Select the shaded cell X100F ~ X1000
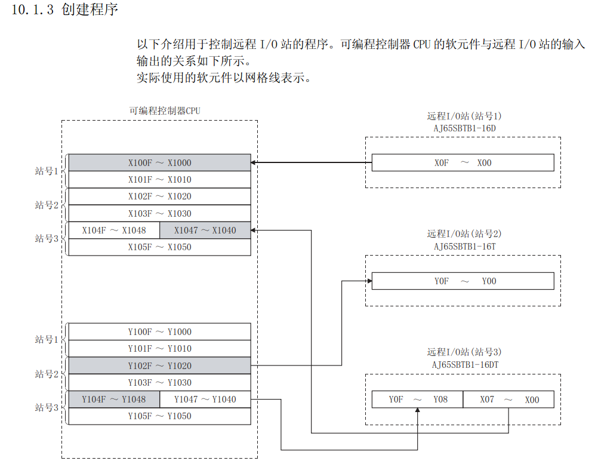click(159, 162)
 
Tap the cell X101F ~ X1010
click(159, 179)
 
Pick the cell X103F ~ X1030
click(159, 213)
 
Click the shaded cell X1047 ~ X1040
click(205, 230)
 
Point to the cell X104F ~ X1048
click(113, 230)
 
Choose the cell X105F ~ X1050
click(159, 247)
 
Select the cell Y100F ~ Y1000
click(159, 331)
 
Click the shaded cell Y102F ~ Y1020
click(159, 365)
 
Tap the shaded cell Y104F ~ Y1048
click(113, 399)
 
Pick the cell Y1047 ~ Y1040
click(205, 399)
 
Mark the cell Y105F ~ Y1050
click(159, 416)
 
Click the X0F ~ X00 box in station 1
click(463, 162)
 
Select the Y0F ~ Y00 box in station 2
click(463, 281)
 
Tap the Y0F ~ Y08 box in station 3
click(417, 400)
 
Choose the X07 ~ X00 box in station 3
click(508, 400)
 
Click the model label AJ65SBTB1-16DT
click(464, 364)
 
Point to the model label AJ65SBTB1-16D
click(464, 127)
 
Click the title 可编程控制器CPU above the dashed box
click(160, 110)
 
